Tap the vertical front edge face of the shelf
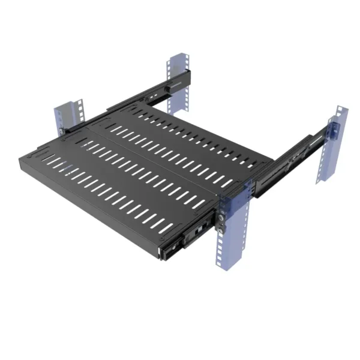(96, 204)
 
